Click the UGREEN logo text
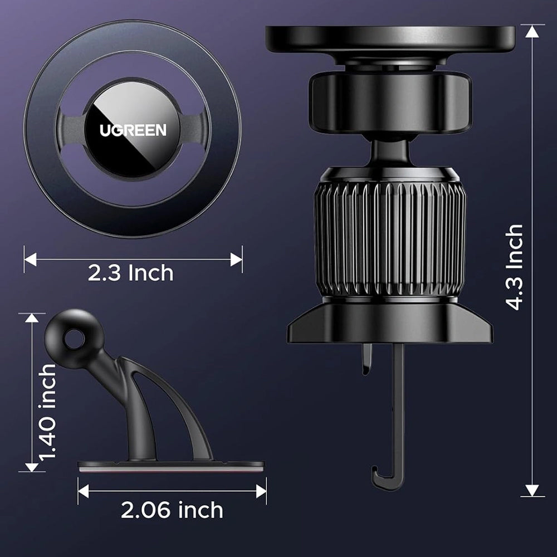[133, 130]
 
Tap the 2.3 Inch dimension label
[130, 273]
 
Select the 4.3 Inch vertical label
[514, 267]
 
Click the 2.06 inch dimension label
[172, 510]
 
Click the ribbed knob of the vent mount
[390, 240]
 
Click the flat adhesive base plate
[170, 465]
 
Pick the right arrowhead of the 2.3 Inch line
[236, 259]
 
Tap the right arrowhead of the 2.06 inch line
[261, 491]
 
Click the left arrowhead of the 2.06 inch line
[84, 491]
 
